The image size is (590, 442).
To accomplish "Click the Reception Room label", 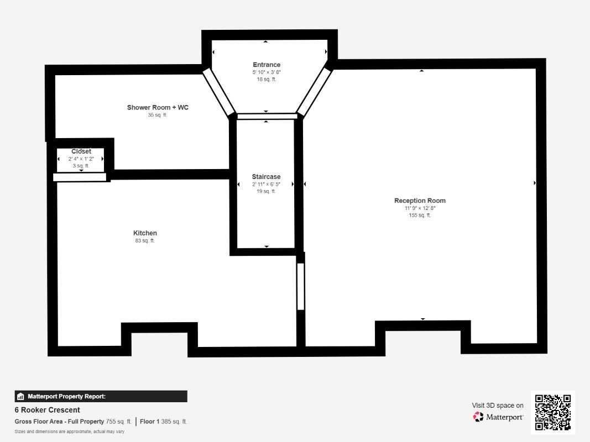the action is [420, 201].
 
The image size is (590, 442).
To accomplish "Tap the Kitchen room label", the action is [145, 233].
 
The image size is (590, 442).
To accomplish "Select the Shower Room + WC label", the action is [158, 108].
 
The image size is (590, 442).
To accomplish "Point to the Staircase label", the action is [266, 177].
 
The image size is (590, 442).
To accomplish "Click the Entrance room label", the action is [267, 65].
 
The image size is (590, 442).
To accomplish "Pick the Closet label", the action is [81, 151].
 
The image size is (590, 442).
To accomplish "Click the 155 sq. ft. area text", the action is [420, 215].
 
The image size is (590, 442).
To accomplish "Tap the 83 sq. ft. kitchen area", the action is [145, 240].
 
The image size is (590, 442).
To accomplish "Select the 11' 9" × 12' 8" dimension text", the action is [420, 208].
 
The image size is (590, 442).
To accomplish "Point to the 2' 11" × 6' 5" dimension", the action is [266, 184].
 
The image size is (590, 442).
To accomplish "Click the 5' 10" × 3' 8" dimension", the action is [267, 72].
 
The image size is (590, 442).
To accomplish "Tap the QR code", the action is [553, 412].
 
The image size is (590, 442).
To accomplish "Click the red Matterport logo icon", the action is [478, 417].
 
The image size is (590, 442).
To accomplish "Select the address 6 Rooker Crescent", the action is [48, 410].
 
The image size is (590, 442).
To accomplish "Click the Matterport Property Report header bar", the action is [101, 396].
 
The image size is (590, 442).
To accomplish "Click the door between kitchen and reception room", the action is [301, 286].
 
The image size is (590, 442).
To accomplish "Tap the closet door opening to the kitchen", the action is [80, 177].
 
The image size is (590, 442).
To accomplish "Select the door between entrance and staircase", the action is [267, 116].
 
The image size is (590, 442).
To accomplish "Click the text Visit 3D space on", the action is [498, 406].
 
